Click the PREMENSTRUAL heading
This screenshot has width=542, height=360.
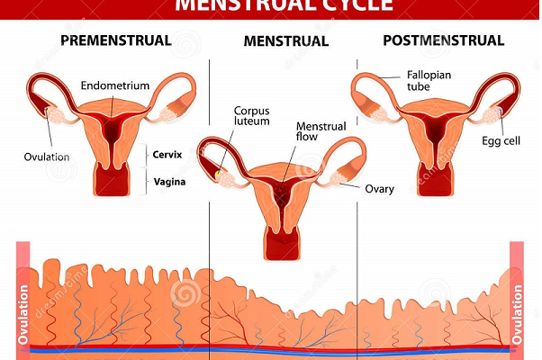pyautogui.click(x=114, y=40)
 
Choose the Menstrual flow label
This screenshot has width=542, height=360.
pyautogui.click(x=322, y=131)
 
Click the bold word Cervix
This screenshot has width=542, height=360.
pyautogui.click(x=167, y=154)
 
